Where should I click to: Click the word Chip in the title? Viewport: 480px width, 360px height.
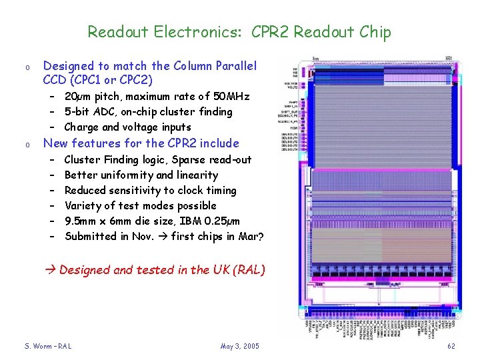(x=375, y=32)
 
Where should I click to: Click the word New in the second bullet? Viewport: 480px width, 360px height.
(x=55, y=143)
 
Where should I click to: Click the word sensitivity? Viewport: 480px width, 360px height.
(x=134, y=191)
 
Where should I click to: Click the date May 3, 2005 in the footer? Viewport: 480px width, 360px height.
(x=239, y=346)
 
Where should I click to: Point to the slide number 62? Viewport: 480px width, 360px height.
(x=451, y=346)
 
